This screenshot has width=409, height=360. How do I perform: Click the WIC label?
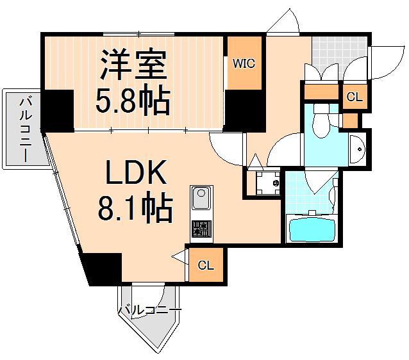pyautogui.click(x=244, y=64)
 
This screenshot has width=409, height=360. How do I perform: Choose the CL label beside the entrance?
pyautogui.click(x=354, y=98)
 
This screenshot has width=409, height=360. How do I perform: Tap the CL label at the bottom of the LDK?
pyautogui.click(x=205, y=265)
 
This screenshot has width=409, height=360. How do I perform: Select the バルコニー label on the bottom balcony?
pyautogui.click(x=149, y=311)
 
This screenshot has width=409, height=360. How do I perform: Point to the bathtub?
pyautogui.click(x=312, y=229)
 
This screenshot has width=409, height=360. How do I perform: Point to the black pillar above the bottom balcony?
pyautogui.click(x=103, y=268)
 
